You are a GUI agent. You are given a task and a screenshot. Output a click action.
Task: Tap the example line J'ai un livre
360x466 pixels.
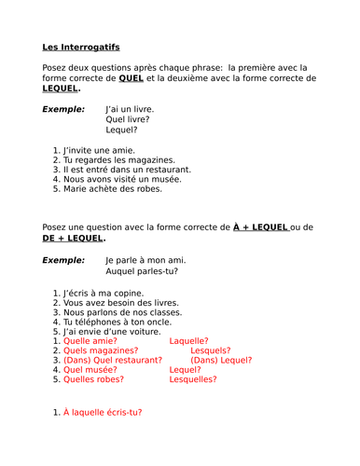pos(130,109)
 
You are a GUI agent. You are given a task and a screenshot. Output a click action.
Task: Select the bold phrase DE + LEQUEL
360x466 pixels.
pos(74,238)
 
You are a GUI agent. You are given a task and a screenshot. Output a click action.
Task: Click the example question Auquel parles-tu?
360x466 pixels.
pos(142,271)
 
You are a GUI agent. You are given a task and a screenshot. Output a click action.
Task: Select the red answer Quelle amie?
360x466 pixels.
pos(93,341)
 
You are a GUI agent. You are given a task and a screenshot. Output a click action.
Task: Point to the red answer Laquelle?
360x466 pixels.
pos(188,341)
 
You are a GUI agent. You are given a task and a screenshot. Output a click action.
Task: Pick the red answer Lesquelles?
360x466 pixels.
pos(192,379)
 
